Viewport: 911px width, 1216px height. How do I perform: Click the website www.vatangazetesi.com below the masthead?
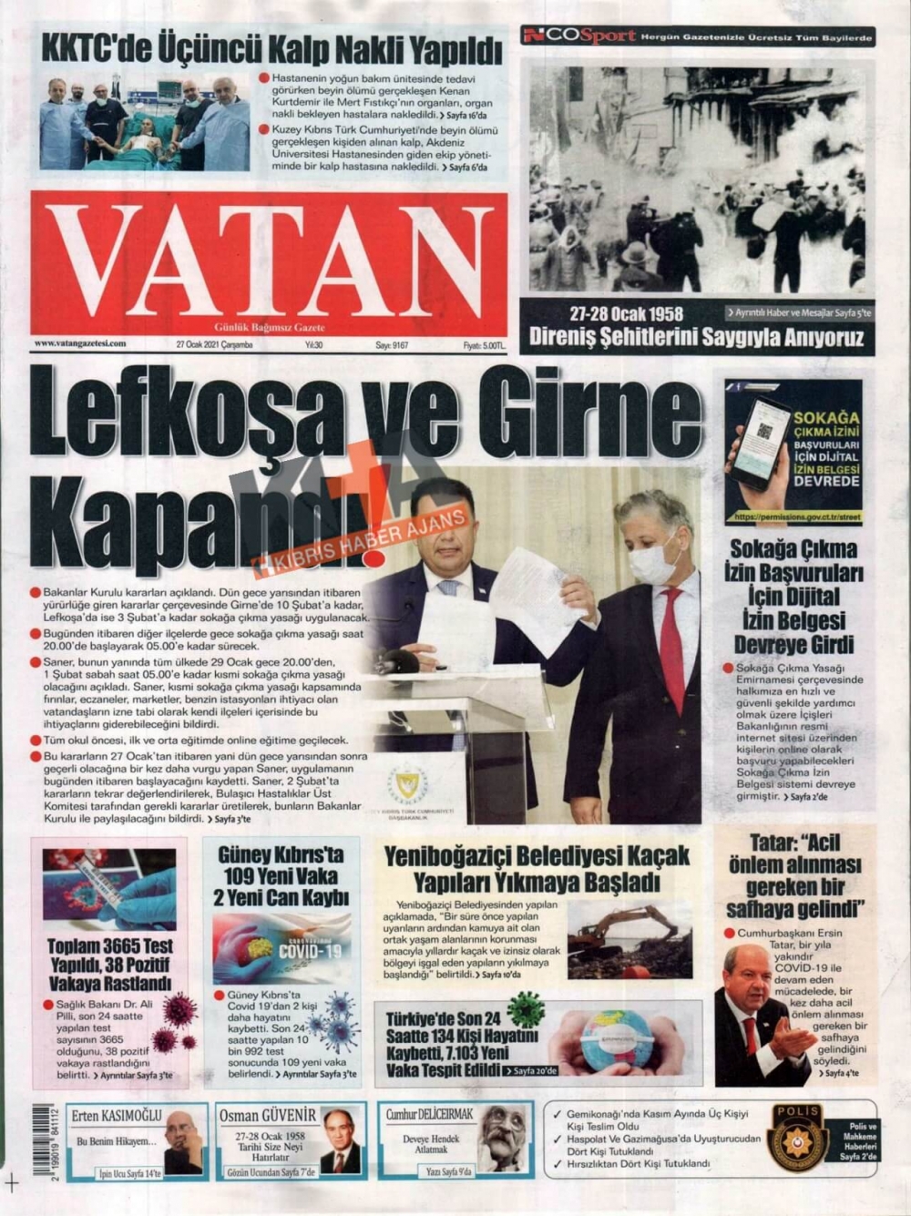click(x=80, y=344)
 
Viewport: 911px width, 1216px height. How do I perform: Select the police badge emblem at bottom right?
click(x=796, y=1138)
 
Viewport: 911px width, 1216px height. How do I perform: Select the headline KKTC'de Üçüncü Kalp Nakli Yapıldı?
click(x=271, y=48)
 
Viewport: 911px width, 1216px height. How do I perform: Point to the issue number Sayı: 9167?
click(x=392, y=345)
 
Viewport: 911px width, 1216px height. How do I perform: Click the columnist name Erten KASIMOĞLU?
click(x=116, y=1115)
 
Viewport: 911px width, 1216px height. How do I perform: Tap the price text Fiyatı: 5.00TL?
click(x=483, y=345)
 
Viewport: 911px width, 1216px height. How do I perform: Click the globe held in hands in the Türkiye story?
click(x=616, y=1038)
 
